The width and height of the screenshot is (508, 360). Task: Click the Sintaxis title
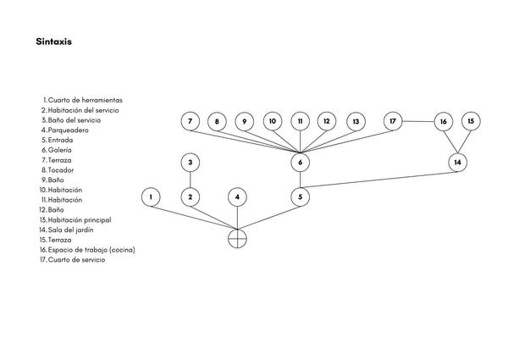pos(53,40)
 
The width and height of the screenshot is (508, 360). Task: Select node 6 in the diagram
pos(301,161)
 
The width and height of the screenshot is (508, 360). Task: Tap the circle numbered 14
pos(458,161)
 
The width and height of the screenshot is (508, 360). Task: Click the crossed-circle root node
pos(238,238)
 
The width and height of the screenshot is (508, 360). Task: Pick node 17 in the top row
pos(393,121)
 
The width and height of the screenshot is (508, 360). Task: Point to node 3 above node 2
pos(190,161)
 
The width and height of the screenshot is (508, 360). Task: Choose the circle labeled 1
pos(150,197)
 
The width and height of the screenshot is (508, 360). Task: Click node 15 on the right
pos(471,121)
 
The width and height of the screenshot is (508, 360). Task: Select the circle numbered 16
pos(444,122)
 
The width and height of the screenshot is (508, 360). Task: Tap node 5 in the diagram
pos(301,197)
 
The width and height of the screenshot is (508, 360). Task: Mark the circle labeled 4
pos(238,197)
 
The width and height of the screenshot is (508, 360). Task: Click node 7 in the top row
pos(190,121)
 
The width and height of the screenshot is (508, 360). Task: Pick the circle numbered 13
pos(356,121)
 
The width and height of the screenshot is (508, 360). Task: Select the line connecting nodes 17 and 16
pos(418,122)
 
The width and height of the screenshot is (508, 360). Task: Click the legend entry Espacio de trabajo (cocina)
pos(91,250)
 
